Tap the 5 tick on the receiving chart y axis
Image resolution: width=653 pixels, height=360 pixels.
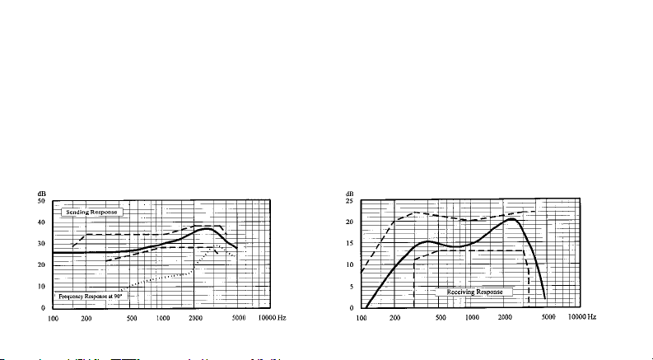[351, 287]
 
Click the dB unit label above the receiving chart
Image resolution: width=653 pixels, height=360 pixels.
[349, 193]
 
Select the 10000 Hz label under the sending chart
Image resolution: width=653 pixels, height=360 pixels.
[273, 317]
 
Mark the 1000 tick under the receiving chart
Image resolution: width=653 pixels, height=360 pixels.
[472, 317]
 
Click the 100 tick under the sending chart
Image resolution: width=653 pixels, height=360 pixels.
[54, 317]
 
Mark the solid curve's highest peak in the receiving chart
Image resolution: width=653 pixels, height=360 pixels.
[512, 218]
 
